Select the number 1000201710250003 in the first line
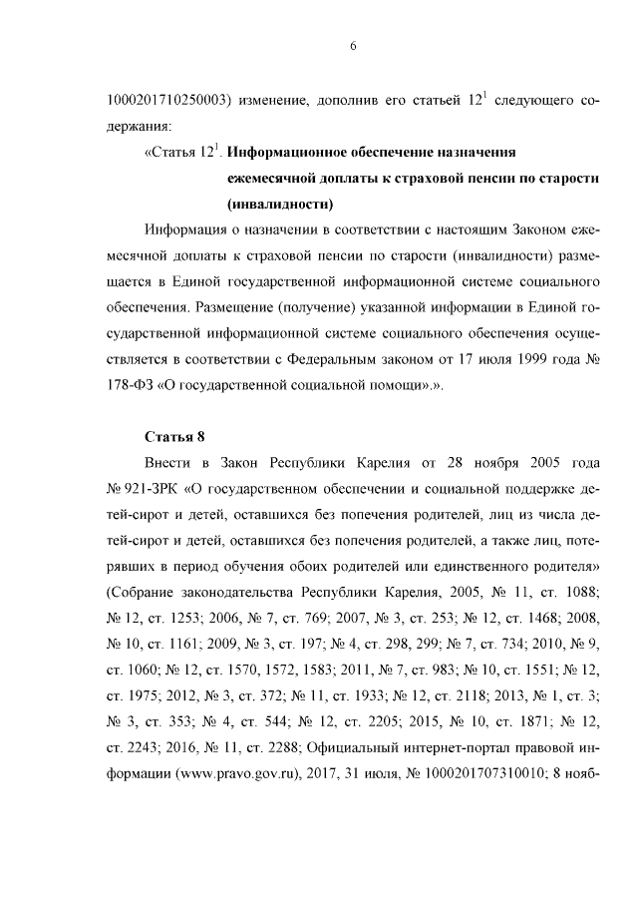coord(168,101)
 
